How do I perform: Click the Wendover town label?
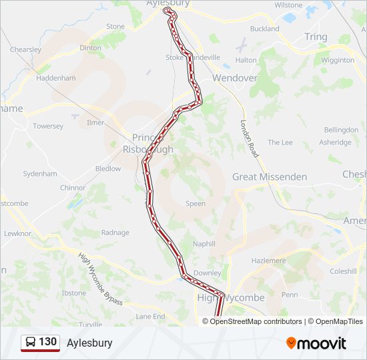234,78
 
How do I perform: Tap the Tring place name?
316,37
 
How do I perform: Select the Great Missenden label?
270,177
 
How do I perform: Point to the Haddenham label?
56,78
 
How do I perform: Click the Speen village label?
196,203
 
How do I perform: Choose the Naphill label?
204,244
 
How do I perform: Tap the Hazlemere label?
268,260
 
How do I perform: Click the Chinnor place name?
73,188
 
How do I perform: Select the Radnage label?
115,233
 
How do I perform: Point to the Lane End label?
150,316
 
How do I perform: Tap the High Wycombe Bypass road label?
100,279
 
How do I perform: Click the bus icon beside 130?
31,342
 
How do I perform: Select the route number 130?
47,342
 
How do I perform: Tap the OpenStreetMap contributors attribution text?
256,321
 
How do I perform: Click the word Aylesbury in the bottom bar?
89,343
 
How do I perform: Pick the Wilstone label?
288,5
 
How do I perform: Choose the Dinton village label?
91,48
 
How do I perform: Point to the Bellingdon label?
341,129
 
